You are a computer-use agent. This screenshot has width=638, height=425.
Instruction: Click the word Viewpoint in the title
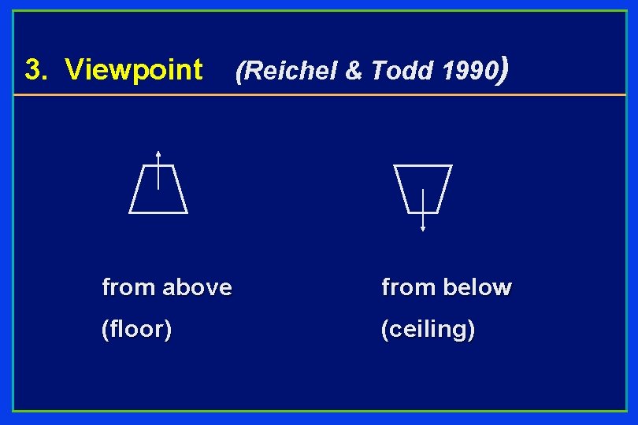point(134,70)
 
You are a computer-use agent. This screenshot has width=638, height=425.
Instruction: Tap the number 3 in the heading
point(32,70)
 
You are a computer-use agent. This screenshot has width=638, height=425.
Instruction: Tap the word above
point(198,287)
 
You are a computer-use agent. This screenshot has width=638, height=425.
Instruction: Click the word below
point(478,287)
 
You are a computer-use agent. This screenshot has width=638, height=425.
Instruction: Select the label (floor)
point(137,329)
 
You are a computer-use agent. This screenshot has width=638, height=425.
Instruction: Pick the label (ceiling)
point(428,329)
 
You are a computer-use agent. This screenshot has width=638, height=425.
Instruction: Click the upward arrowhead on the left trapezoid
point(158,153)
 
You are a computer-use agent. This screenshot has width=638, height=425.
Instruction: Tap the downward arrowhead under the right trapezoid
point(423,228)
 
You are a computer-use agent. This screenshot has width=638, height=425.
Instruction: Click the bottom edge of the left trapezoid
point(158,213)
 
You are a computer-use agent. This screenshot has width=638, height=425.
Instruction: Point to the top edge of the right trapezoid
point(423,166)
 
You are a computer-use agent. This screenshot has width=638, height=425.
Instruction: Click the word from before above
point(128,287)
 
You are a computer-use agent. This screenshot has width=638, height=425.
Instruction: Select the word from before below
point(408,287)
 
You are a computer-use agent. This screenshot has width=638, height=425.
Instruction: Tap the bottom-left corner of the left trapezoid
point(130,213)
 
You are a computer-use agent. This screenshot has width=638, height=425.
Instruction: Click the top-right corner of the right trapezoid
point(451,166)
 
